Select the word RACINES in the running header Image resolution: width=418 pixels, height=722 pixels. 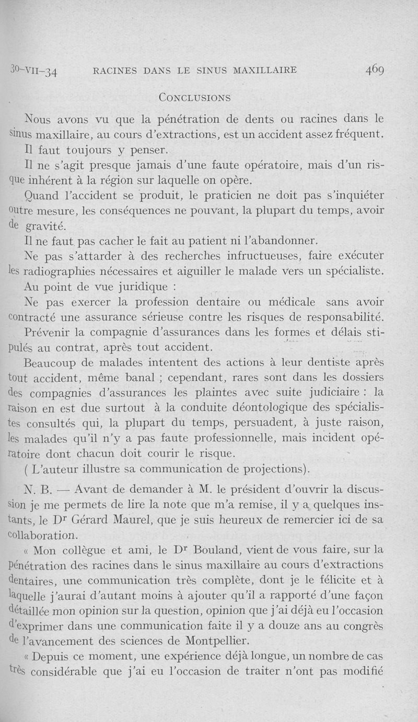click(x=118, y=70)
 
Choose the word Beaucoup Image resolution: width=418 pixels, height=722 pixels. click(x=51, y=361)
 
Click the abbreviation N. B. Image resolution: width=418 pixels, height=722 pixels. click(x=36, y=490)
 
